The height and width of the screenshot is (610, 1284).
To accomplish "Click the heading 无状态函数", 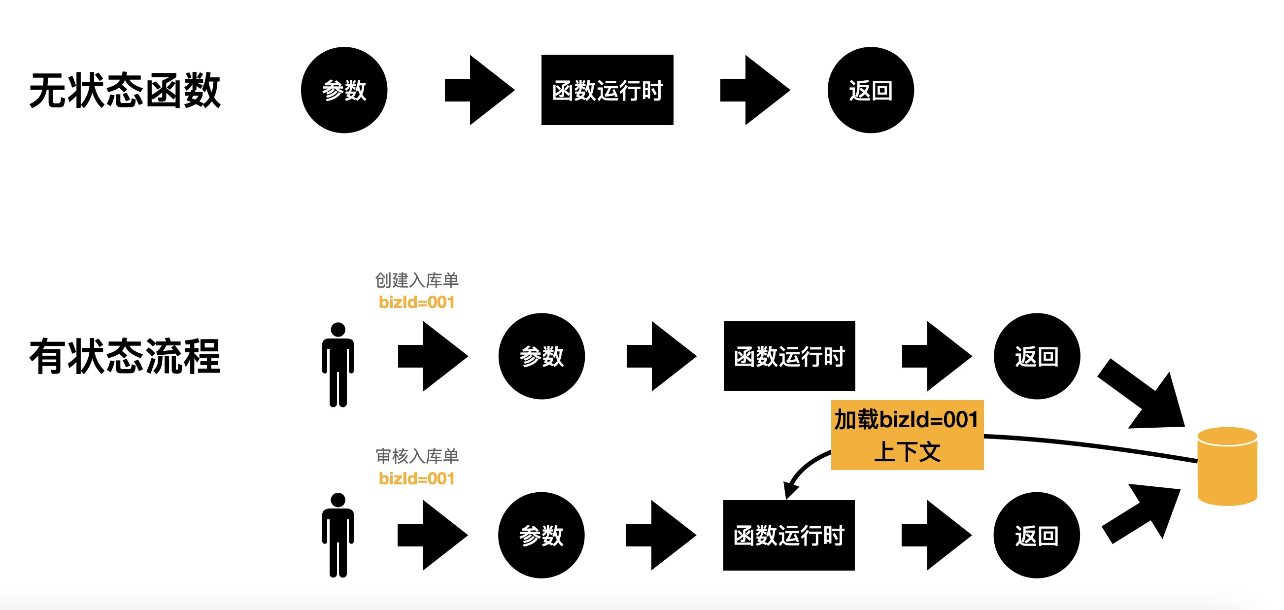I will click(125, 90).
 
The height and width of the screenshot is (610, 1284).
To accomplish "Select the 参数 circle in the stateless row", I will click(344, 90).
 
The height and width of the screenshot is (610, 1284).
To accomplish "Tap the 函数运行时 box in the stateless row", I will click(607, 90).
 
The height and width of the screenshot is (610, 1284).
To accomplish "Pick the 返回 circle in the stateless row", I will click(870, 90).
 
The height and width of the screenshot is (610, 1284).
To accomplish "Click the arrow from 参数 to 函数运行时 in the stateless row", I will click(479, 90).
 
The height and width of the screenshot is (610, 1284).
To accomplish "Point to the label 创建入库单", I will click(417, 280).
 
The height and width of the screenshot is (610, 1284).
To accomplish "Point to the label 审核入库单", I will click(417, 456).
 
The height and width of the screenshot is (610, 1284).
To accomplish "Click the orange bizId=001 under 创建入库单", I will click(417, 302).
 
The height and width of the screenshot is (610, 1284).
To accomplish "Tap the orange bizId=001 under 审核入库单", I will click(417, 478).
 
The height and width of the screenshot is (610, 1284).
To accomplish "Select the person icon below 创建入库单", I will click(338, 365).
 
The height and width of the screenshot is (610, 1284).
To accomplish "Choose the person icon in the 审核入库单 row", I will click(338, 535).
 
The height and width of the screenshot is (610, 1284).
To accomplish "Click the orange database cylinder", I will click(1227, 467).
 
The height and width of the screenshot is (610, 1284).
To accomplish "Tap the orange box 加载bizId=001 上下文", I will click(907, 435).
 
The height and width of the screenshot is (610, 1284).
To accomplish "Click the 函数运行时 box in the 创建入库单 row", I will click(789, 356).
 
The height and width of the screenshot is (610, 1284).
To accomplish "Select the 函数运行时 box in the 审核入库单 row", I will click(788, 535).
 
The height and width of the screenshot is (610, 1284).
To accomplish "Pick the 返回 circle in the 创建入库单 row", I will click(1037, 356).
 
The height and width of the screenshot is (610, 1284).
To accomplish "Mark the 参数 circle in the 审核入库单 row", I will click(541, 535).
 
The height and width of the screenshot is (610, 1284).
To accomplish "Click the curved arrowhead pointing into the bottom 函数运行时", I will click(789, 489).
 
